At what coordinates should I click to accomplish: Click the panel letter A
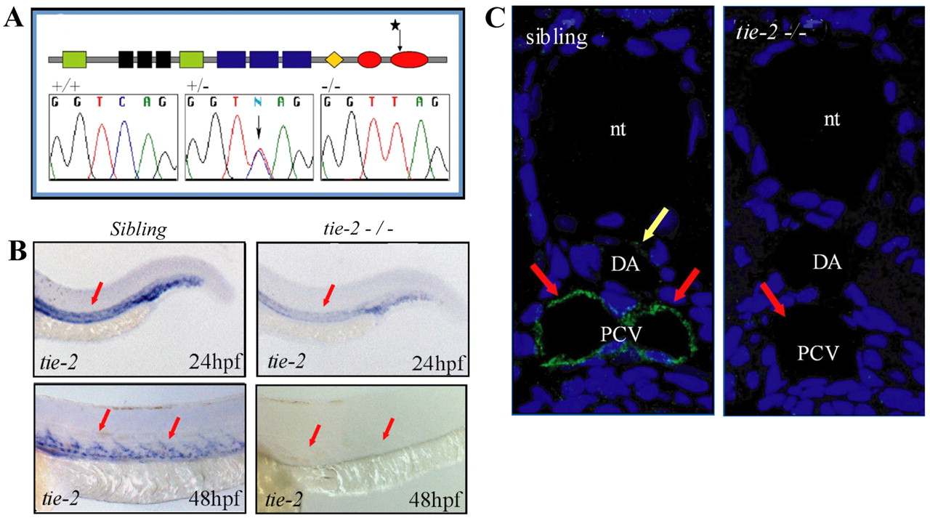coord(13,18)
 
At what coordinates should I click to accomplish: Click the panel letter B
coord(17,252)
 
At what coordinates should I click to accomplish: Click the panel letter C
coord(495,19)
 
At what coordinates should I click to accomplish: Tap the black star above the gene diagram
coord(395,25)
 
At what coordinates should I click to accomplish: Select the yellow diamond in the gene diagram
coord(334,60)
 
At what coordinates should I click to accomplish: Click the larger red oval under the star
coord(409,60)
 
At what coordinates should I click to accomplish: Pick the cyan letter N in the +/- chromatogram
coord(258,102)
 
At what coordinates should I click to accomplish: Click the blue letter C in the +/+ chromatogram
coord(121,102)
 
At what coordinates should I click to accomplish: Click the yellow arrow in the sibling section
coord(655,224)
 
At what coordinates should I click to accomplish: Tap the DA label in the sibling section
coord(626,264)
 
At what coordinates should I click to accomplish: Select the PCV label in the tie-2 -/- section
coord(818,353)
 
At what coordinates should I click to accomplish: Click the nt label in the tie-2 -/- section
coord(832,120)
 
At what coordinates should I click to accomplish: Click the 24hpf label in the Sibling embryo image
coord(215,363)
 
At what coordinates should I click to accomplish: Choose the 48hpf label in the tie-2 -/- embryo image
coord(434,500)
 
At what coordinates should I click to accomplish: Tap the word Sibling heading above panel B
coord(138,230)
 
